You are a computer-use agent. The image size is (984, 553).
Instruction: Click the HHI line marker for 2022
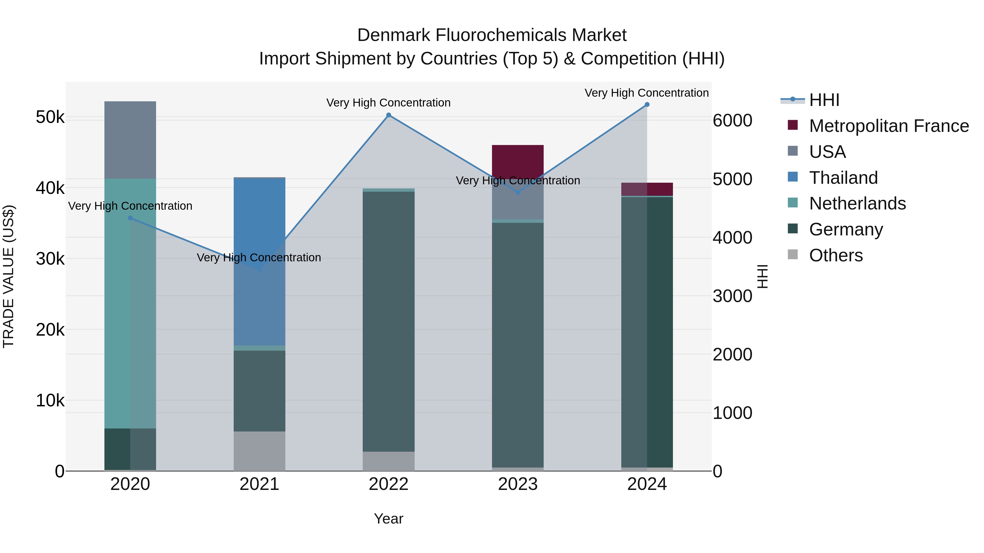(388, 115)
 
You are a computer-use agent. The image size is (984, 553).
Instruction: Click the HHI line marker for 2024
(647, 105)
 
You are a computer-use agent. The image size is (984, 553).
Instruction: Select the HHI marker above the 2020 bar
(130, 218)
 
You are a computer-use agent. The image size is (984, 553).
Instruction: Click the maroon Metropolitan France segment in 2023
(518, 160)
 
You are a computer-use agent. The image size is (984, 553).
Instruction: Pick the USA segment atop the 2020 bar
(130, 140)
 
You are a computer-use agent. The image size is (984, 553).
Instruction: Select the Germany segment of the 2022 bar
(388, 321)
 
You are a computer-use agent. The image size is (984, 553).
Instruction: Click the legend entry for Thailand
(843, 178)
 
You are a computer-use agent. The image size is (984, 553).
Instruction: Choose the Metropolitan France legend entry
(889, 126)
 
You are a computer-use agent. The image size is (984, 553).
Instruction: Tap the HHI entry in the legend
(824, 100)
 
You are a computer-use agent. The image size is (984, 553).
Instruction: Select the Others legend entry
(835, 255)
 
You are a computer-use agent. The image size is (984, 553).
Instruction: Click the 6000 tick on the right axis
(732, 121)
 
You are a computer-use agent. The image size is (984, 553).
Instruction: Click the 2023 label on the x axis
(518, 484)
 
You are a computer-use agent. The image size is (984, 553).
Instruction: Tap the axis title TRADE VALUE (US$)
(8, 276)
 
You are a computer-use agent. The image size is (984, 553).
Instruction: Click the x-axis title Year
(388, 519)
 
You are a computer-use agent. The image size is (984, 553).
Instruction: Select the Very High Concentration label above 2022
(388, 103)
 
